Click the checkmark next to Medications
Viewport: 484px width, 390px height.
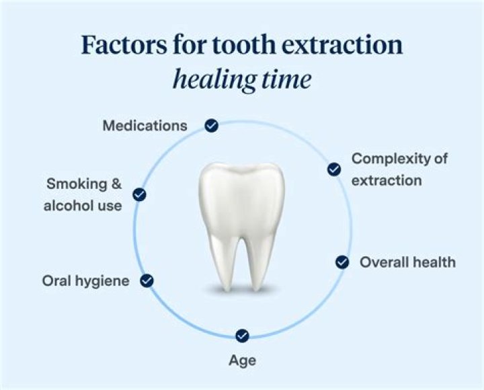coord(211,126)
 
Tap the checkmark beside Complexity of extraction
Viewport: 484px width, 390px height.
coord(334,169)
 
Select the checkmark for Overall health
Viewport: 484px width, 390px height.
coord(342,262)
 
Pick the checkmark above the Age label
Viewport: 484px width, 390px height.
coord(243,336)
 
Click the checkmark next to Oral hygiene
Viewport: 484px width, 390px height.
coord(147,281)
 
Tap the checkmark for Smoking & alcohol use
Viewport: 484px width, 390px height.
coord(140,195)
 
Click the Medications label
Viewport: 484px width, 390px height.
coord(145,126)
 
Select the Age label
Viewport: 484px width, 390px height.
coord(243,361)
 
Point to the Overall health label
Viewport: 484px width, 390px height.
coord(407,262)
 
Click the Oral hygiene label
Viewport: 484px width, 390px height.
coord(85,281)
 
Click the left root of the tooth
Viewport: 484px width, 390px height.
coord(225,262)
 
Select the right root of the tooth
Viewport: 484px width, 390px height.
coord(258,262)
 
